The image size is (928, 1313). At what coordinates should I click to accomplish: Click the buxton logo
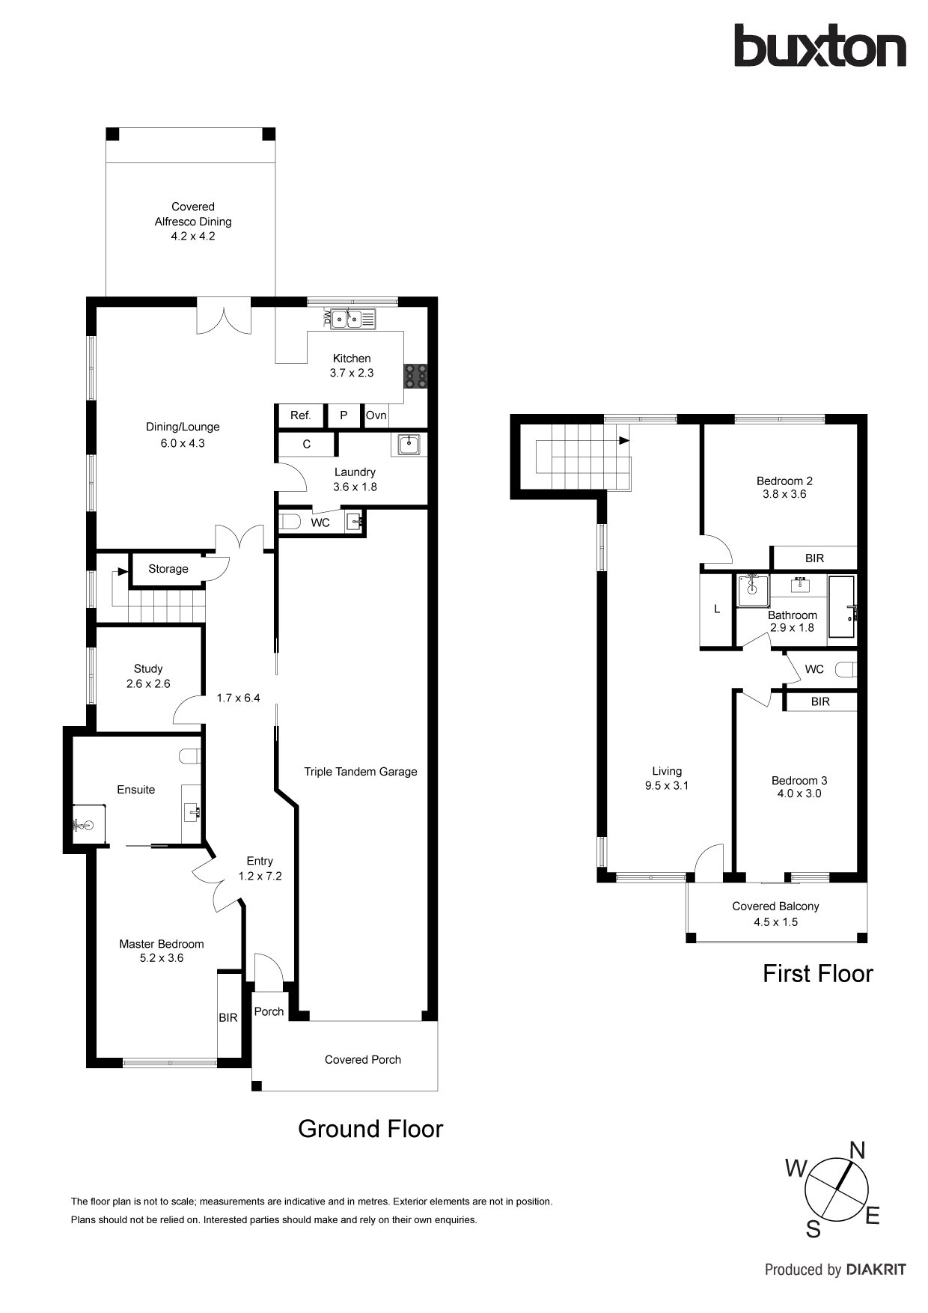tap(819, 46)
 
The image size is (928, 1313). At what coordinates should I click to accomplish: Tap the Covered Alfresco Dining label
tap(193, 214)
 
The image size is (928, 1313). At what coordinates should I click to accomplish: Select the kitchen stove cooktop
tap(416, 376)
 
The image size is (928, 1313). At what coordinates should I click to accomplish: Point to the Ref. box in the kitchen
tap(301, 415)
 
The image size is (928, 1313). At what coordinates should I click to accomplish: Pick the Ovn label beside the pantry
tap(376, 415)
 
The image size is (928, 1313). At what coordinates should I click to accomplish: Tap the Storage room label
tap(168, 569)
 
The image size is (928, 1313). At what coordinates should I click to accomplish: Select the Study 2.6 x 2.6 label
tap(148, 676)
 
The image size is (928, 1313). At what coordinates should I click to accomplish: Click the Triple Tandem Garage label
tap(361, 772)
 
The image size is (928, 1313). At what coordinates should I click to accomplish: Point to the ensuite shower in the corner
tap(89, 824)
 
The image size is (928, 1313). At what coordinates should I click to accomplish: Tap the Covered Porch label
tap(363, 1059)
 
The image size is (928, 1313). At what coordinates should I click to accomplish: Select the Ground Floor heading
tap(370, 1128)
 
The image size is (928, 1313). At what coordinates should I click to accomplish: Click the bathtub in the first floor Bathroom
tap(842, 607)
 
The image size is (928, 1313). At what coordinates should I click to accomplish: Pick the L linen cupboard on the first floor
tap(717, 609)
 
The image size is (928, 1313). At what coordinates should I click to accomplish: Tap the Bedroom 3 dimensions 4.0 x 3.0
tap(799, 793)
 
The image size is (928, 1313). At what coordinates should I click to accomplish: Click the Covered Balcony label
tap(775, 907)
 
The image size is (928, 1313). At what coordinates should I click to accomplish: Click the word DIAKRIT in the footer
tap(876, 1270)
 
